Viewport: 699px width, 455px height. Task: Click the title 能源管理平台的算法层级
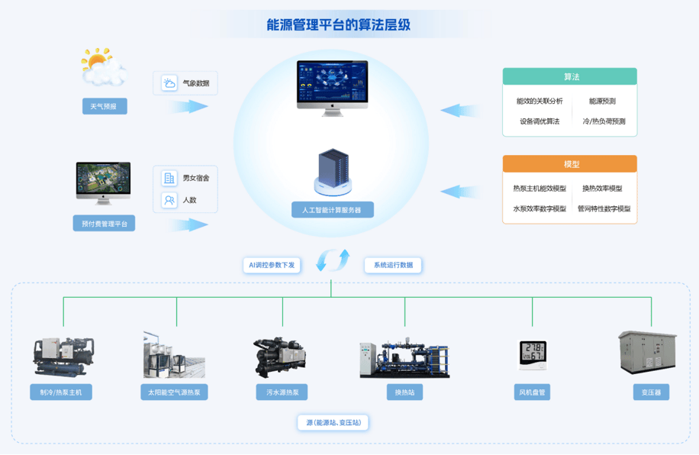click(x=338, y=24)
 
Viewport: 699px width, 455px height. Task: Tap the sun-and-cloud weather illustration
click(x=103, y=66)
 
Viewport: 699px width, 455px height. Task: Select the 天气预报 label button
click(x=105, y=106)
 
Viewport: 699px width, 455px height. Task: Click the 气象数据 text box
click(x=185, y=83)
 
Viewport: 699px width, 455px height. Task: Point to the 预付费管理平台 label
click(x=104, y=224)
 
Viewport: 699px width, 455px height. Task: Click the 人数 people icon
click(x=169, y=200)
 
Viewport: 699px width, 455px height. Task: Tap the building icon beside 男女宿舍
click(x=169, y=178)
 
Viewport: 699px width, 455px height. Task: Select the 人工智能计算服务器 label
click(x=333, y=210)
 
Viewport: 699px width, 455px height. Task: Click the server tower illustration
click(x=333, y=173)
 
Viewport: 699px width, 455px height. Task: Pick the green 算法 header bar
click(x=570, y=77)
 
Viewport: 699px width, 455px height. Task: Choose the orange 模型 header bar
click(x=570, y=163)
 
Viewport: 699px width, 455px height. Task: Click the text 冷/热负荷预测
click(x=604, y=121)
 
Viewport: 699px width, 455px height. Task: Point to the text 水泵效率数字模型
click(x=540, y=208)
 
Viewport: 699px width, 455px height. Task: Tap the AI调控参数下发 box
click(x=272, y=265)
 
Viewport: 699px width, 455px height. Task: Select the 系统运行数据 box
click(x=393, y=265)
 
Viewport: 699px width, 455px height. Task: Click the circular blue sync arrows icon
click(x=333, y=260)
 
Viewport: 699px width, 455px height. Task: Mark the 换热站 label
click(x=404, y=392)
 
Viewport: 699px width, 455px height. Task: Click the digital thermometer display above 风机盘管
click(x=533, y=355)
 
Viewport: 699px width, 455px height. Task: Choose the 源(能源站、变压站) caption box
click(x=333, y=422)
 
